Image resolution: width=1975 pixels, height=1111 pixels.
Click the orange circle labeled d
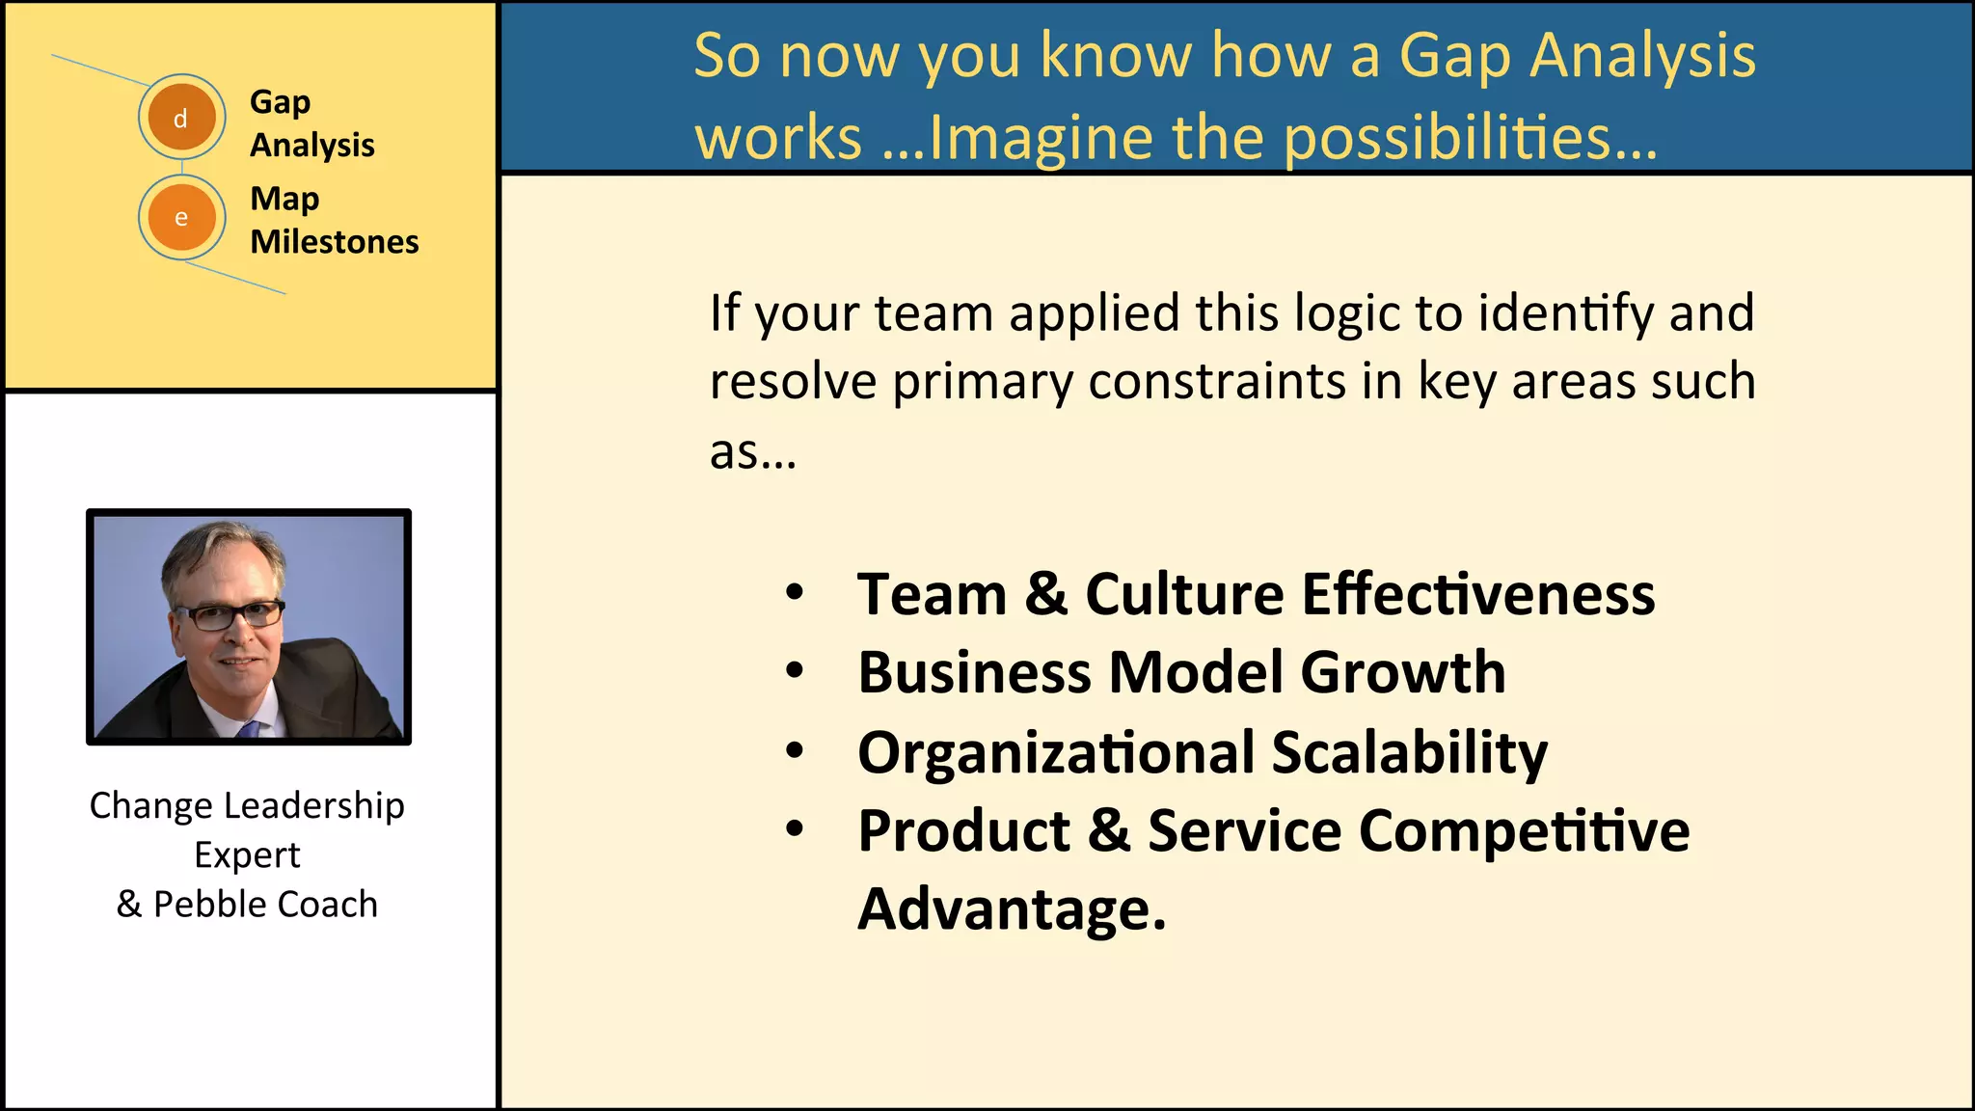point(181,118)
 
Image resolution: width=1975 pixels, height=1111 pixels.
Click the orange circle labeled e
point(181,218)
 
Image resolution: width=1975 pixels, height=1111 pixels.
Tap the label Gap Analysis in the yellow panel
point(311,123)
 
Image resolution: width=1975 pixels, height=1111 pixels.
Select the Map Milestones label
point(334,220)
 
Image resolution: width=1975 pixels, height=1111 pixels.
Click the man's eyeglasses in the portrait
point(230,615)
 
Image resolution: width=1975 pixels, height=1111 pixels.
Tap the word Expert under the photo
point(247,855)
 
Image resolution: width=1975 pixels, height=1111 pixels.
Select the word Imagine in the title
point(1040,138)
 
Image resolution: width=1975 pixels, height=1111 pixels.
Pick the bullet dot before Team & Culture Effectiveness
point(794,592)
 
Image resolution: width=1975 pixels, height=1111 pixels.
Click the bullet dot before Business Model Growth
point(794,671)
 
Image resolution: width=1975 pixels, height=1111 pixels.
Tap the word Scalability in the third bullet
point(1409,752)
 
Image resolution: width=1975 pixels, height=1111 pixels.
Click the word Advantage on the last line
point(1011,908)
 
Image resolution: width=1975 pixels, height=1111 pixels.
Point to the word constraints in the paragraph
point(1217,381)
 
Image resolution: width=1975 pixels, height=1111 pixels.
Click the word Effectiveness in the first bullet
point(1477,593)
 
